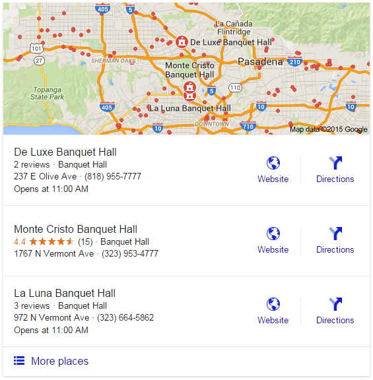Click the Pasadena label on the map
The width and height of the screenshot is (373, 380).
(x=260, y=61)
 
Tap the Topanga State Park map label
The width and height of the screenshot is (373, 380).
(x=48, y=92)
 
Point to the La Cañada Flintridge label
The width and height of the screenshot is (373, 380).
(x=233, y=28)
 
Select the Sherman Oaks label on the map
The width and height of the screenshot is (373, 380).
(x=113, y=61)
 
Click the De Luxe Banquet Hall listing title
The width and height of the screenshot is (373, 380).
(x=65, y=152)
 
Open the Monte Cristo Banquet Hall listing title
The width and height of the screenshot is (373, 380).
(x=75, y=229)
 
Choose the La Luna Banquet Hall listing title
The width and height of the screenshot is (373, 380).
(x=65, y=293)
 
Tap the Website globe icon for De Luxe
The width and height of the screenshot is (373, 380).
(x=273, y=163)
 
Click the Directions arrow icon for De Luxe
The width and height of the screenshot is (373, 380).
(x=335, y=163)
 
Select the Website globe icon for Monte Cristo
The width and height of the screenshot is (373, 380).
(x=273, y=234)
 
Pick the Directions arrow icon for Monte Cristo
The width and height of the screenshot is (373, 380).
(x=335, y=234)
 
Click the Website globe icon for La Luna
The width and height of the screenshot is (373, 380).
(x=273, y=304)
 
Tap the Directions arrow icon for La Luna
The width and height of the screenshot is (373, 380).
(x=335, y=304)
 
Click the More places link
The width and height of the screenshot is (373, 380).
(x=59, y=361)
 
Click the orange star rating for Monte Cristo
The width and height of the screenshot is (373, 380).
(x=51, y=241)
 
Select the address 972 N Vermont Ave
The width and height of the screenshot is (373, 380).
(x=51, y=317)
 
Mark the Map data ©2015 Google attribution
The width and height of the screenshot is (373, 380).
(x=328, y=129)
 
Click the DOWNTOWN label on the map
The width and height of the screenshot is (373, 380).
(x=211, y=124)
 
